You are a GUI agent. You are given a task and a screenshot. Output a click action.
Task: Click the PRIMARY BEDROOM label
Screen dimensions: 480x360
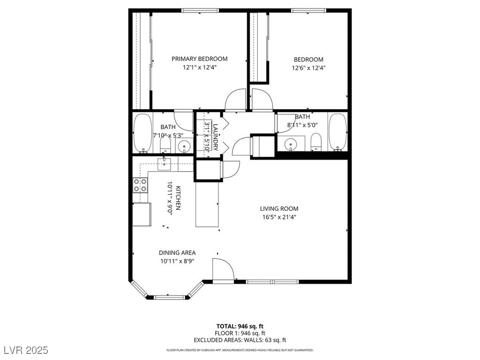click(199, 59)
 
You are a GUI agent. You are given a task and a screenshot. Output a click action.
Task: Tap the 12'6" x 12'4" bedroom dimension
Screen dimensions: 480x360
click(308, 67)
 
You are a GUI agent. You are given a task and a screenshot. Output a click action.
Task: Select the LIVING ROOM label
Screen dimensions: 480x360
click(279, 209)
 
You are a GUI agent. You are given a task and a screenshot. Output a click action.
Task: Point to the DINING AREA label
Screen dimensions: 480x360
click(177, 253)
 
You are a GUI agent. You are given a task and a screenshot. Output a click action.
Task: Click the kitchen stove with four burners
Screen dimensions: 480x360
click(140, 185)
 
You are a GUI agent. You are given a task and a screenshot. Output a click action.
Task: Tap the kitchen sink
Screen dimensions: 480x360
click(165, 165)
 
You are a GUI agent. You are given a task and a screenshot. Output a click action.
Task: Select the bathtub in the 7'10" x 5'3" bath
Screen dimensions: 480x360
click(142, 134)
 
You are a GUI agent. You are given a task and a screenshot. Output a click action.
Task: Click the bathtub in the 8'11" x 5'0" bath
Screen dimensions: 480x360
click(337, 132)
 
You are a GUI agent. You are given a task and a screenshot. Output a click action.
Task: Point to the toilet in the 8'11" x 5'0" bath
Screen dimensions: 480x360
click(315, 142)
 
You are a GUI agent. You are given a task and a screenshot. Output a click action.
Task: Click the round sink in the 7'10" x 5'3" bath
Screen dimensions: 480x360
click(184, 146)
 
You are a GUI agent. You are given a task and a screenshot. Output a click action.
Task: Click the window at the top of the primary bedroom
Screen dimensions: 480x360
click(200, 11)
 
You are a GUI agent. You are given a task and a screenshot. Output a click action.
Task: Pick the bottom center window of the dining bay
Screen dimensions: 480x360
click(169, 297)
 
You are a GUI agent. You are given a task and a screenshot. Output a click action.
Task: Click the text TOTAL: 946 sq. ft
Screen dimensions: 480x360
click(240, 326)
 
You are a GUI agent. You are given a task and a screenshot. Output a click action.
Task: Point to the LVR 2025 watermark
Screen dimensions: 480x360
click(26, 350)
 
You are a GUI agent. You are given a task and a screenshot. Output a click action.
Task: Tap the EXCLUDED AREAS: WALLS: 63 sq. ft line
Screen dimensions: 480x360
click(240, 340)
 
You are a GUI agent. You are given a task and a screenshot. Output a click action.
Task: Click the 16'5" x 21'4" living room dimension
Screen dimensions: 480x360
click(279, 217)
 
